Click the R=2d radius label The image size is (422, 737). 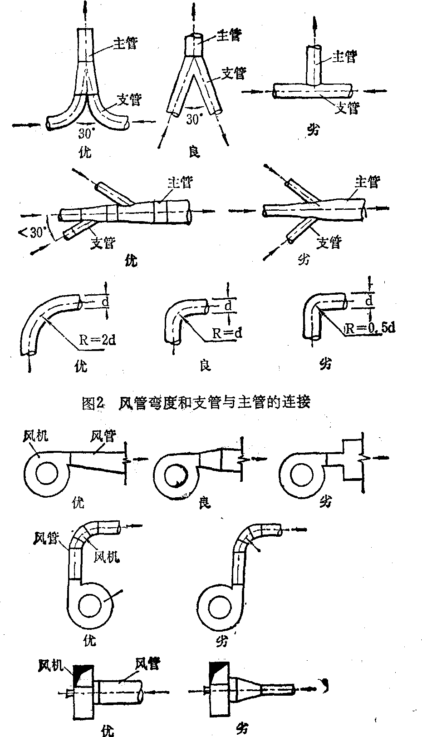tap(96, 340)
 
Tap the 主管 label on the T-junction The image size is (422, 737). tap(344, 57)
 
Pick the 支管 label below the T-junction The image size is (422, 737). tap(347, 108)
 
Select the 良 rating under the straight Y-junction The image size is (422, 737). tap(194, 152)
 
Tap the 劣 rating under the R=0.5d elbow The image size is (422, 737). tap(325, 364)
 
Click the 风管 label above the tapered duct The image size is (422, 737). tap(103, 436)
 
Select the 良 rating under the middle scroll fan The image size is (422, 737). tap(205, 503)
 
